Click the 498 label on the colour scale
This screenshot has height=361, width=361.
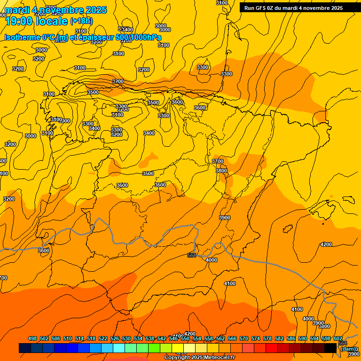click(32, 338)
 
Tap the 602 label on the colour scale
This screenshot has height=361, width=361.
click(338, 338)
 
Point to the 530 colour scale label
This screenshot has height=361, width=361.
click(126, 338)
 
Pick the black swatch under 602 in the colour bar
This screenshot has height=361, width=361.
click(330, 348)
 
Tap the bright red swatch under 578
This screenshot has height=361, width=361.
click(272, 348)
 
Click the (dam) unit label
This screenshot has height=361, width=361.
click(349, 349)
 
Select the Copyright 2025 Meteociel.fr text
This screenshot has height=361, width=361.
click(199, 358)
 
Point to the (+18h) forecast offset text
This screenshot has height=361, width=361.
click(81, 21)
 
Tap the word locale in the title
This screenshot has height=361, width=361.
click(51, 22)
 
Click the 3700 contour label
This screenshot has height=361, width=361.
click(218, 161)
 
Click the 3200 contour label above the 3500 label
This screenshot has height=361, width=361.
click(118, 81)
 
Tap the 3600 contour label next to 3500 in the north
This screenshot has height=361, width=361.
click(177, 102)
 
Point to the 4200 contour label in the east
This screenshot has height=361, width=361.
click(326, 244)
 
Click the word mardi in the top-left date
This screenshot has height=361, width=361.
click(16, 10)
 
